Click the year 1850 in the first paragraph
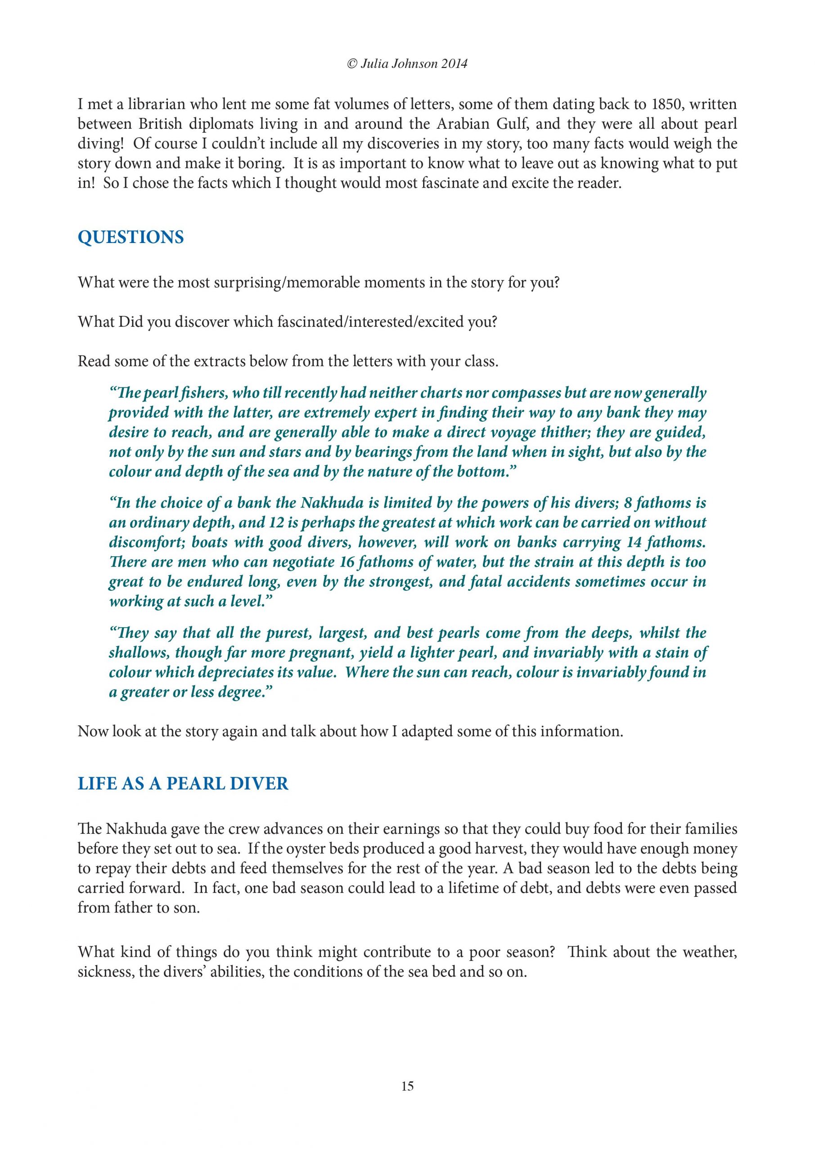pyautogui.click(x=666, y=104)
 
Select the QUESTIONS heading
pyautogui.click(x=131, y=237)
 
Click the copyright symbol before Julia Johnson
pyautogui.click(x=352, y=64)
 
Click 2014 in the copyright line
pyautogui.click(x=455, y=64)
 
